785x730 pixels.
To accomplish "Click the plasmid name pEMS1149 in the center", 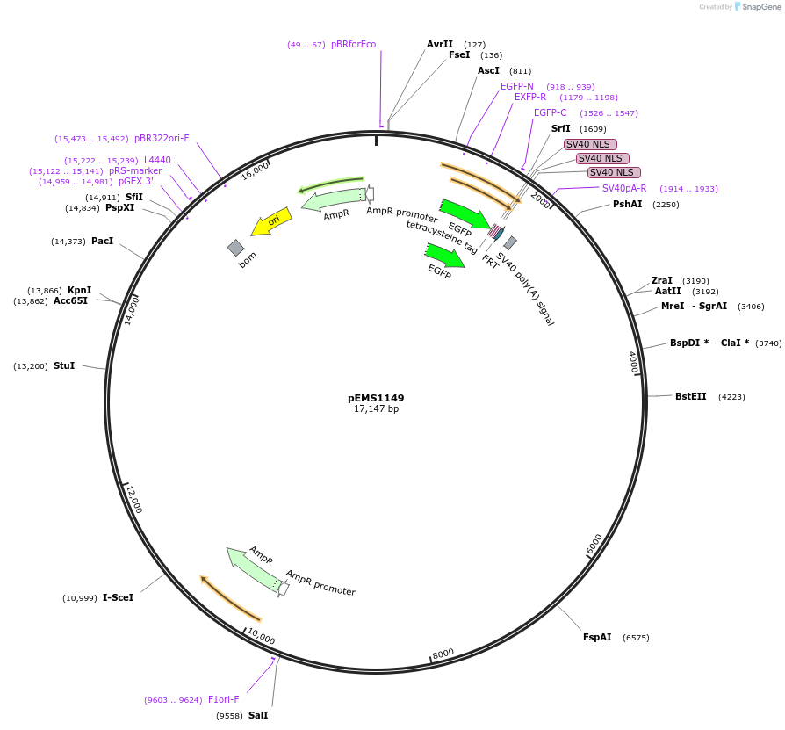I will click(x=376, y=398).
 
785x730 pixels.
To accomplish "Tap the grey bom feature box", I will click(x=235, y=248).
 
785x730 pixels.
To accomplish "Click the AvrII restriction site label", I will click(x=440, y=44).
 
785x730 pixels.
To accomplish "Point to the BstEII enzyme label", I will click(x=691, y=396).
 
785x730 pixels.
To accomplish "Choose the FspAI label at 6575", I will click(x=597, y=637).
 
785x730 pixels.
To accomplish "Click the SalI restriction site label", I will click(x=258, y=715).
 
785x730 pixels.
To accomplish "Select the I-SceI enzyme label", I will click(x=118, y=597).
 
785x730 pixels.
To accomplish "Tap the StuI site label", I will click(x=64, y=365).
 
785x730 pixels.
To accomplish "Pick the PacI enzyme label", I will click(x=102, y=241).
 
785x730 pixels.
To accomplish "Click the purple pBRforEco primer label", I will click(x=353, y=44).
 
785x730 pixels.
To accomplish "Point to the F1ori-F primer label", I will click(x=223, y=699).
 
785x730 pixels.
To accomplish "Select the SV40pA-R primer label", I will click(x=624, y=188).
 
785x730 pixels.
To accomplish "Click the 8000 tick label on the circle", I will click(x=443, y=653).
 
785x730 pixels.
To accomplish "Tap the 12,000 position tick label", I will click(x=133, y=499).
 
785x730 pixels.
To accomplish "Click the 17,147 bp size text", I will click(x=376, y=409).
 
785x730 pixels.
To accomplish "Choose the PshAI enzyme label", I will click(x=627, y=204).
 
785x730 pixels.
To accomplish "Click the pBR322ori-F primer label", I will click(x=162, y=138).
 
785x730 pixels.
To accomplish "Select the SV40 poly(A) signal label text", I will click(x=526, y=289).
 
